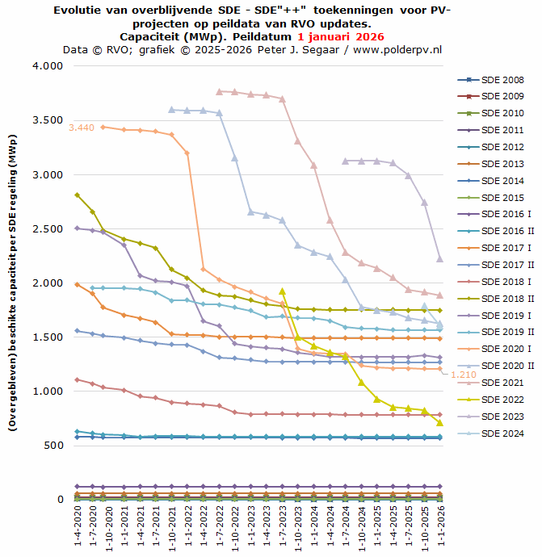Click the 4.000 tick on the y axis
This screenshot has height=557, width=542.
click(47, 66)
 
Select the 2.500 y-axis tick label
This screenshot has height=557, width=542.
click(47, 229)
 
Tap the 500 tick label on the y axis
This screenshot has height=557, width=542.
click(53, 446)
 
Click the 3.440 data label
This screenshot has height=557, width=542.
click(82, 128)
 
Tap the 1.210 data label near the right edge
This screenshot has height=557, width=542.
click(463, 375)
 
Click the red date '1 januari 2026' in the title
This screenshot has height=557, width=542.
click(340, 36)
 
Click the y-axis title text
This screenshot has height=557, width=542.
click(13, 282)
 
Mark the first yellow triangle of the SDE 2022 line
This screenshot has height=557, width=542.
click(282, 291)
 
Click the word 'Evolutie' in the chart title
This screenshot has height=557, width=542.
click(81, 10)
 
